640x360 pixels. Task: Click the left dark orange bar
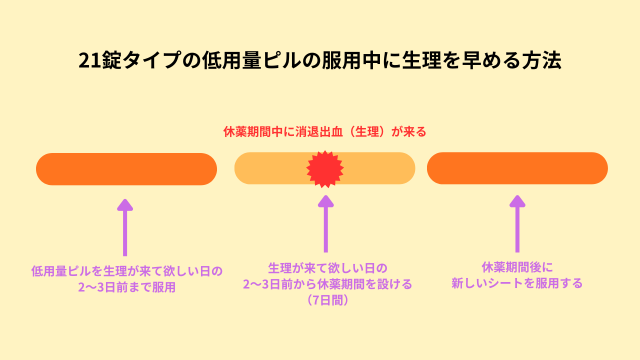tap(126, 169)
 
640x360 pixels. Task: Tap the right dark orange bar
tap(517, 169)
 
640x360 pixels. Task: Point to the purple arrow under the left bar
tap(124, 225)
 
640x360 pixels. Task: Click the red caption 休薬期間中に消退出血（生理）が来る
tap(325, 131)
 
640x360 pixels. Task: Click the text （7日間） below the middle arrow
tap(326, 300)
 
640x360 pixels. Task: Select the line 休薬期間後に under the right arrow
tap(517, 268)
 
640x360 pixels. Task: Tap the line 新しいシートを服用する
tap(517, 284)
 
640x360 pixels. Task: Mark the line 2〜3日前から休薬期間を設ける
tap(326, 284)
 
